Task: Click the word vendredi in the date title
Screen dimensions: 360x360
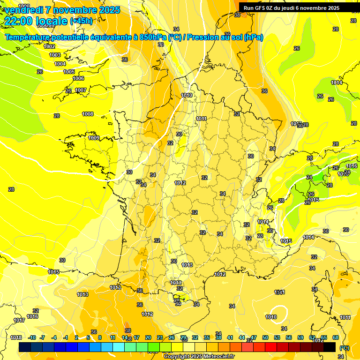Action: coord(23,10)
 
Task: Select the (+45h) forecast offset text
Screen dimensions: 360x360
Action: coord(81,21)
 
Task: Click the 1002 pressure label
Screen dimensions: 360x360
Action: coord(49,46)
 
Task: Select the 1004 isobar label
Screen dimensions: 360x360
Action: coord(60,64)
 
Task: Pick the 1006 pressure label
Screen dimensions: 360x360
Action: coord(78,78)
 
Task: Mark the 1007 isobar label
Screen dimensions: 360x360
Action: coord(81,90)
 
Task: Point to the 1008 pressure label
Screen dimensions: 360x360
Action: coord(88,114)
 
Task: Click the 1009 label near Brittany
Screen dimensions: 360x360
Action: coord(94,138)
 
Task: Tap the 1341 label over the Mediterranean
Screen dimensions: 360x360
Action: coord(280,292)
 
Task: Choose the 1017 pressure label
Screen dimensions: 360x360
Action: coord(19,321)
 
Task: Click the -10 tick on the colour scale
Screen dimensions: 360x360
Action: coord(32,337)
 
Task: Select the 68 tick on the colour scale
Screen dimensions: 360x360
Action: coord(336,337)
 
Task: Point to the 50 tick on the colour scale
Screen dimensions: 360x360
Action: coord(265,337)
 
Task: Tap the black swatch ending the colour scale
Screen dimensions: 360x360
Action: coord(330,347)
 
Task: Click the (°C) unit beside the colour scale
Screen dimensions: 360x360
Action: coord(345,347)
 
